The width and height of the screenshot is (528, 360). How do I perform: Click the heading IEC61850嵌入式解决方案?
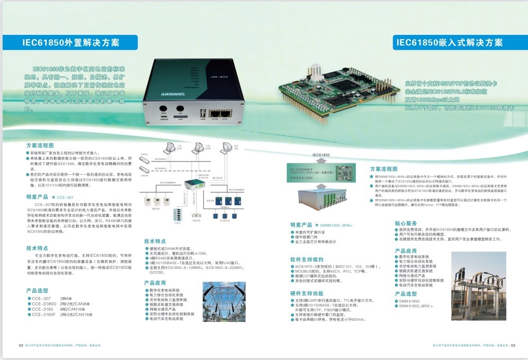coord(450,43)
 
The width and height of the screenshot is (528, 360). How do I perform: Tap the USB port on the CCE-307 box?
coord(202,113)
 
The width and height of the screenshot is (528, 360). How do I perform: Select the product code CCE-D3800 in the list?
coord(44,303)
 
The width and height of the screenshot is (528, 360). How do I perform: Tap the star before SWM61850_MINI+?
coord(317,225)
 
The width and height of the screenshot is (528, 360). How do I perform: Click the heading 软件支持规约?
coord(307,259)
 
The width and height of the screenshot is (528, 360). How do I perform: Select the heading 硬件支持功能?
coord(307,293)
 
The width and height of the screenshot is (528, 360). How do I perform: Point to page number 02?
coord(21,345)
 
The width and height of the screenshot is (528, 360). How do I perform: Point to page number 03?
coord(513,345)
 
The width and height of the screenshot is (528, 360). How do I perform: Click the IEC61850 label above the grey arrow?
coord(321,155)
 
